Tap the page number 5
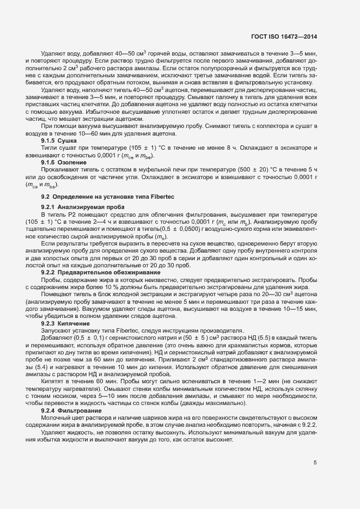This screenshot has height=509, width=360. pos(315,463)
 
